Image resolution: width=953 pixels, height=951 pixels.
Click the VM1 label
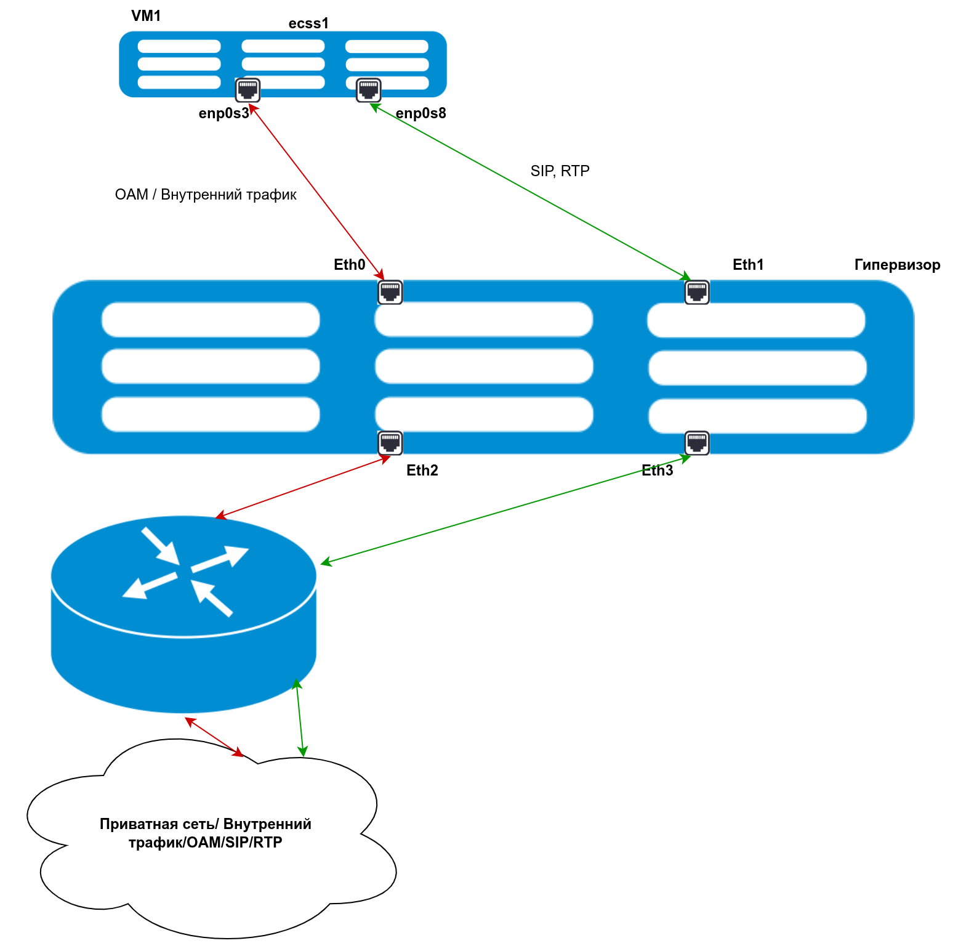(146, 16)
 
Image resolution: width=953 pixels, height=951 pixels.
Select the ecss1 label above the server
(308, 23)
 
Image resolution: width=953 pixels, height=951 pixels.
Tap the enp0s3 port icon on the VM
(247, 90)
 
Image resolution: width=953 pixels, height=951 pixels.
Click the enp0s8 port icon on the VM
(369, 90)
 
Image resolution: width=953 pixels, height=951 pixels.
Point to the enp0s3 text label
(223, 113)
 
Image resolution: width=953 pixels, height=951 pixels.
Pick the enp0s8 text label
(420, 113)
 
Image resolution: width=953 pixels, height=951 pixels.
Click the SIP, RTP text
(560, 171)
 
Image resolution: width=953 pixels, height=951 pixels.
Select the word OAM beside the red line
(131, 195)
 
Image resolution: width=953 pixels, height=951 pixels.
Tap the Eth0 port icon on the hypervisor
(390, 292)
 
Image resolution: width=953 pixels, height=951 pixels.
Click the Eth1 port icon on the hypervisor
(697, 292)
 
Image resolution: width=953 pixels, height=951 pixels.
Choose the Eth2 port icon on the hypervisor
(390, 442)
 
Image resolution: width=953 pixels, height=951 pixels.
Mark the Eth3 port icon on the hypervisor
(697, 442)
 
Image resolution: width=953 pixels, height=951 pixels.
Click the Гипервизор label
(897, 265)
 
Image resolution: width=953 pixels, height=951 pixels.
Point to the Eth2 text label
(422, 471)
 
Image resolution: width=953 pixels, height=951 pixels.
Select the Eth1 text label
(748, 265)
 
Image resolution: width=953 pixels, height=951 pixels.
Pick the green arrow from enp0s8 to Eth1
(529, 191)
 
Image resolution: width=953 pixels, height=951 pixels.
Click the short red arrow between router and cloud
(214, 736)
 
